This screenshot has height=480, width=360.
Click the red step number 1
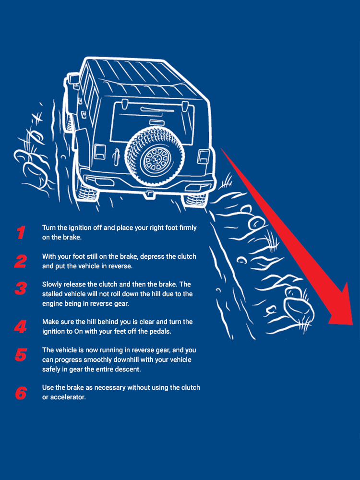coord(21,232)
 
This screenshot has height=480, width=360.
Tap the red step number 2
coord(21,262)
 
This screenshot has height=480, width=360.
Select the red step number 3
coord(21,288)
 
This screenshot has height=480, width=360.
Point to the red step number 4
coord(21,326)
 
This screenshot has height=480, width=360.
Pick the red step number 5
coord(21,355)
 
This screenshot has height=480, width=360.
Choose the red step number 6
coord(21,393)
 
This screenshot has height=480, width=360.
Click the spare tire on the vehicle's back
coord(155,156)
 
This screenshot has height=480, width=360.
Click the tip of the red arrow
coord(353,324)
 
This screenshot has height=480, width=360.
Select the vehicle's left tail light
coord(99,152)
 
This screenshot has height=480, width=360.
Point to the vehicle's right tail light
coord(203,156)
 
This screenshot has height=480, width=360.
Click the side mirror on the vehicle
coord(73,79)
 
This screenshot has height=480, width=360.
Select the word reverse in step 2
coord(120,266)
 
